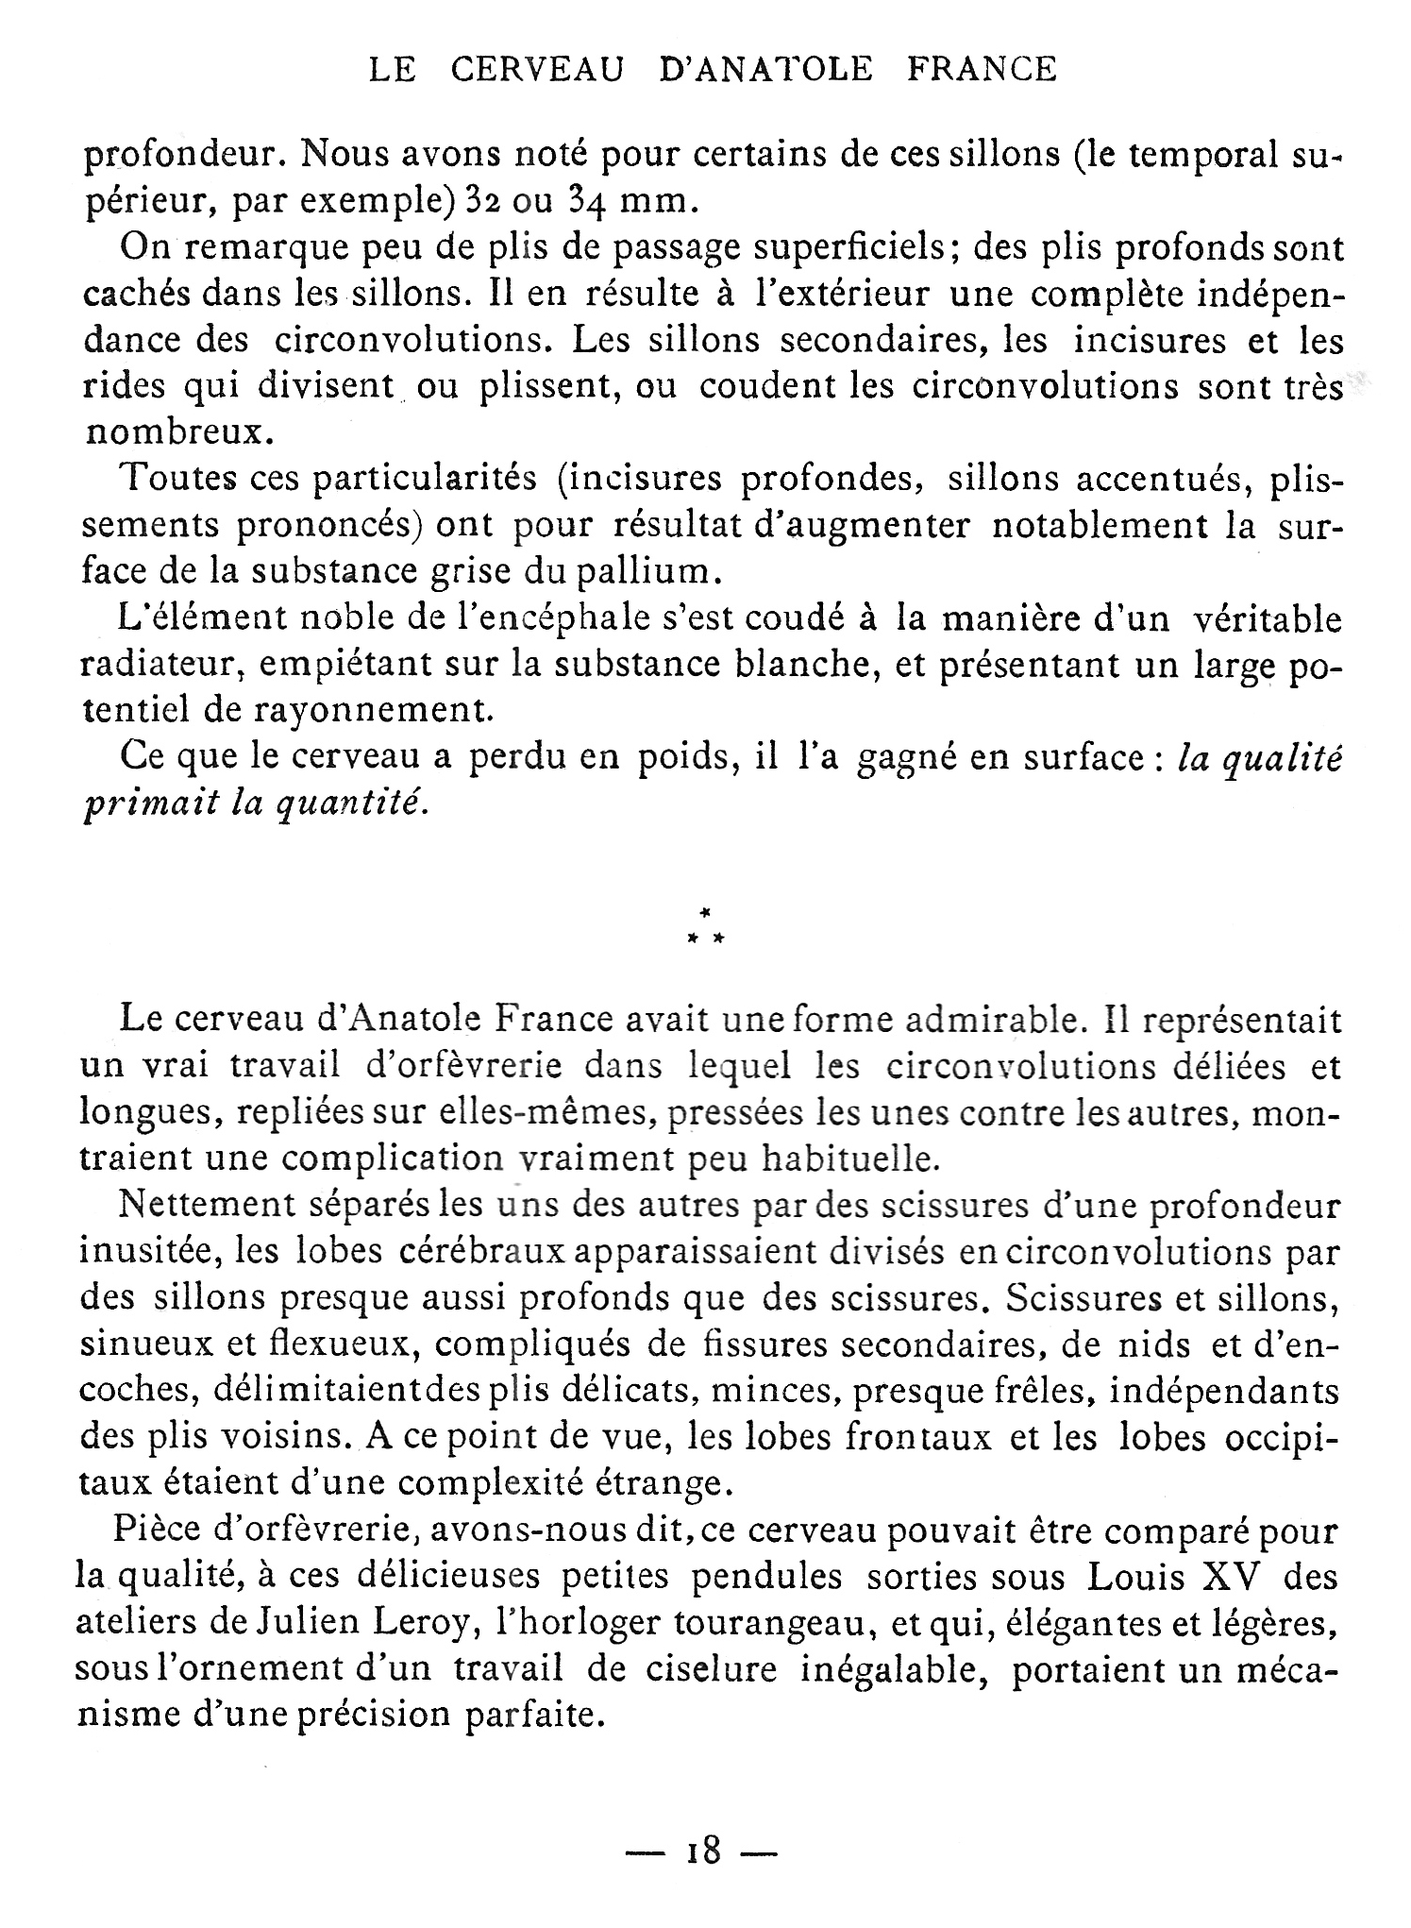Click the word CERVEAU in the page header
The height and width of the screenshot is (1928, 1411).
coord(537,70)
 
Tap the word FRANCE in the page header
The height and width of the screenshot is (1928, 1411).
coord(982,70)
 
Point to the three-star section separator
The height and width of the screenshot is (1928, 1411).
coord(705,928)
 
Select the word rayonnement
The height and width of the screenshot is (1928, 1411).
coord(365,711)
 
